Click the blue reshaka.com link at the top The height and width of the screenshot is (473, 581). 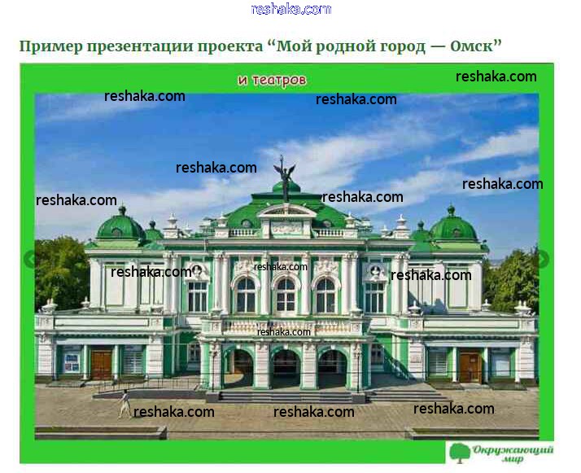[290, 9]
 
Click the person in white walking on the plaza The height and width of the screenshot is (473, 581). [124, 404]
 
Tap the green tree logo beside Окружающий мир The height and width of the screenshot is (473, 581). [460, 453]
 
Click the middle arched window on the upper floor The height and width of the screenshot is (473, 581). [286, 295]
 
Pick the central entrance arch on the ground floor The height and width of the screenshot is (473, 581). [286, 369]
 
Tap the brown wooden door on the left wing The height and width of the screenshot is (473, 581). [101, 365]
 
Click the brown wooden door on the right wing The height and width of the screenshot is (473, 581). [470, 367]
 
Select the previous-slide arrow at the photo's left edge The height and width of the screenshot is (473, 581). [29, 259]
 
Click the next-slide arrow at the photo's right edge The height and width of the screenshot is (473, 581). [544, 259]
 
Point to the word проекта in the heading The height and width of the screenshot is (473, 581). [229, 47]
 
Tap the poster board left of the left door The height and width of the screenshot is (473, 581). [71, 362]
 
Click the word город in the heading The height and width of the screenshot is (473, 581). [403, 47]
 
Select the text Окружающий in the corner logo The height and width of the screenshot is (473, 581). [513, 450]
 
